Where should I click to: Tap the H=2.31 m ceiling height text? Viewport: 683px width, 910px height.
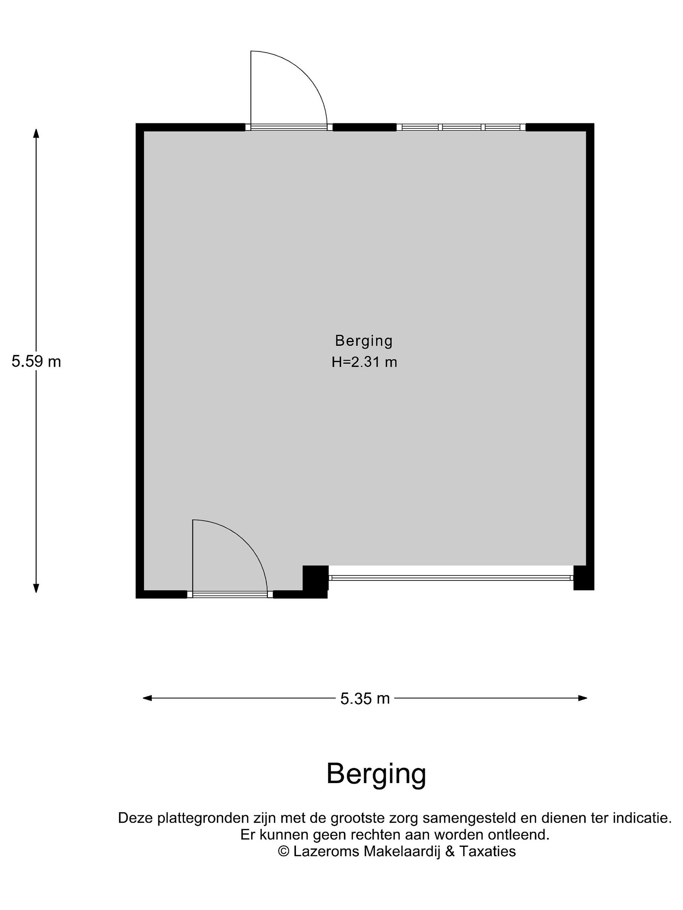[x=364, y=362]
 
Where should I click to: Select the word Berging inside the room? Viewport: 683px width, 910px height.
[x=364, y=341]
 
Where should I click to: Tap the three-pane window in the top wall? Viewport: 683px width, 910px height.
[x=461, y=127]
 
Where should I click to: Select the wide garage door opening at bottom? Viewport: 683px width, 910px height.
[x=451, y=578]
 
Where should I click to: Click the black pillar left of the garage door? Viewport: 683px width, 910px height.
[x=315, y=578]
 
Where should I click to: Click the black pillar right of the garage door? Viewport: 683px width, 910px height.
[x=583, y=578]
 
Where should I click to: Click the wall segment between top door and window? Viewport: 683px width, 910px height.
[x=364, y=127]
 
